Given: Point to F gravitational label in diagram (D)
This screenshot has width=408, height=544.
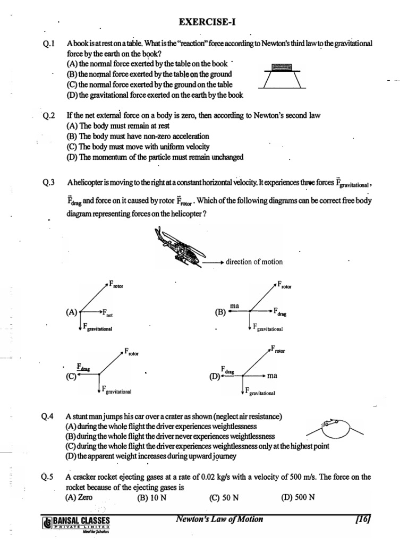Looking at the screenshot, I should pyautogui.click(x=260, y=392).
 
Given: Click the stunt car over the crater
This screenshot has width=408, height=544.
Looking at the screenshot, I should pyautogui.click(x=328, y=423).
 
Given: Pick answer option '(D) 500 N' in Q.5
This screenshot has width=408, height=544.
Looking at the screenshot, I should pyautogui.click(x=297, y=497).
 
